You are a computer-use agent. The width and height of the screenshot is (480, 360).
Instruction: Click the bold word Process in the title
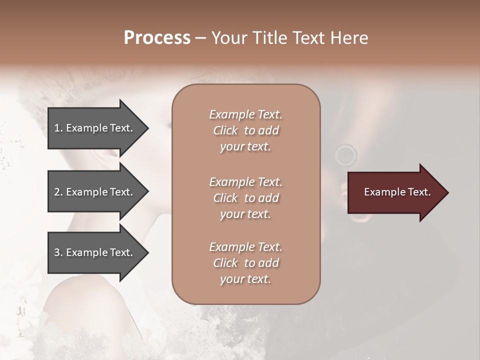pos(157,38)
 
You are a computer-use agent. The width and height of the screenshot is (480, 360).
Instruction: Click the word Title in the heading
pos(269,38)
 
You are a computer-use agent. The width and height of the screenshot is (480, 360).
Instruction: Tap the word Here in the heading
pos(349,38)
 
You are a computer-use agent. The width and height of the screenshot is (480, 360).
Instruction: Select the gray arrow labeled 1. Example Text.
pos(95,128)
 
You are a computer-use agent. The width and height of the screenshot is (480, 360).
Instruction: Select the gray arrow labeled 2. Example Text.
pos(95,192)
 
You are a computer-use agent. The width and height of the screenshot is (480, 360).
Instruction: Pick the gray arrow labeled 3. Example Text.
pos(95,252)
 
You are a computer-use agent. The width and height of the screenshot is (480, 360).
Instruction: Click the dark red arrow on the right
pos(395,192)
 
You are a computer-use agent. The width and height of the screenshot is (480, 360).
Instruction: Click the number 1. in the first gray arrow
pos(58,128)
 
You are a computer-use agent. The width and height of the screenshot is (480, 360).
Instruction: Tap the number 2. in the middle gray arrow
pos(58,192)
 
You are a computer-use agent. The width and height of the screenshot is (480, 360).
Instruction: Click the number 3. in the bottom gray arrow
pos(58,252)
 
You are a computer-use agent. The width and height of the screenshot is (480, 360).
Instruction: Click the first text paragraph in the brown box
pos(245,130)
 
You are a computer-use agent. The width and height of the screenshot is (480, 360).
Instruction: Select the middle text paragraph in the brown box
pos(245,198)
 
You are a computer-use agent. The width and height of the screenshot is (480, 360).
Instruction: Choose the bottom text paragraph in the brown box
pos(245,263)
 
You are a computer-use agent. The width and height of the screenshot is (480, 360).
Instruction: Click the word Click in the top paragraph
pos(225,130)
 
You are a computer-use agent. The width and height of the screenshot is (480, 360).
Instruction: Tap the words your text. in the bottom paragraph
pos(245,279)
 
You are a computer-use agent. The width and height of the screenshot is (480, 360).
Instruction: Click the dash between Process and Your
pos(201,38)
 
